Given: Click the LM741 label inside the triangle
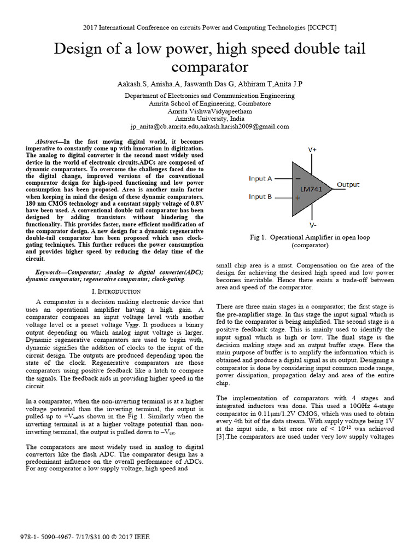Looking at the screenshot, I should tap(311, 189).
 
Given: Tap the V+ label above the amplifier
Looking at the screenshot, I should tap(312, 149).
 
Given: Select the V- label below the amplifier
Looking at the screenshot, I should tap(312, 225).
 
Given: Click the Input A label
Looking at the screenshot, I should tap(260, 178).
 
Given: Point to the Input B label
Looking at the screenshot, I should tap(260, 197).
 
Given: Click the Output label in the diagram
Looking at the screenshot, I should tap(348, 185).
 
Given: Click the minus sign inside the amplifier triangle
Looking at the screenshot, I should tap(297, 178).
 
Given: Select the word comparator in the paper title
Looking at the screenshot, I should tap(210, 67).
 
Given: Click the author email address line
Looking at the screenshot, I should tap(209, 126).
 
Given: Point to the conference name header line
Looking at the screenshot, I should tap(210, 27).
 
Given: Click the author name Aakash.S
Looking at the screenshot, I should tap(131, 84).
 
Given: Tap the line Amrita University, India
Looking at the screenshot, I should tap(209, 119).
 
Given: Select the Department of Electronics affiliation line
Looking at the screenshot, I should tap(209, 95).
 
